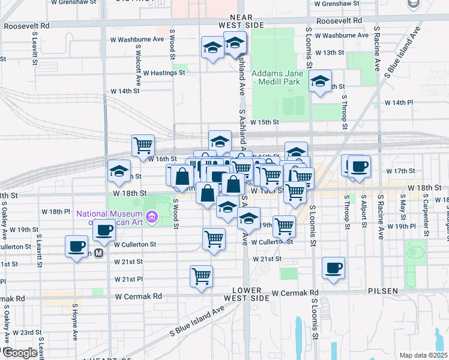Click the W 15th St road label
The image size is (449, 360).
[x=265, y=122]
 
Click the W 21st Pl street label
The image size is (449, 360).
[x=128, y=280]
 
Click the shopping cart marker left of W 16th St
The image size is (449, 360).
[x=143, y=144]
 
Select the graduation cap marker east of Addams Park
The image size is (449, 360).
[x=320, y=81]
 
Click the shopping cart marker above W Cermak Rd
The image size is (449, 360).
[x=201, y=275]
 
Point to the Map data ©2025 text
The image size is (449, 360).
[x=423, y=355]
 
